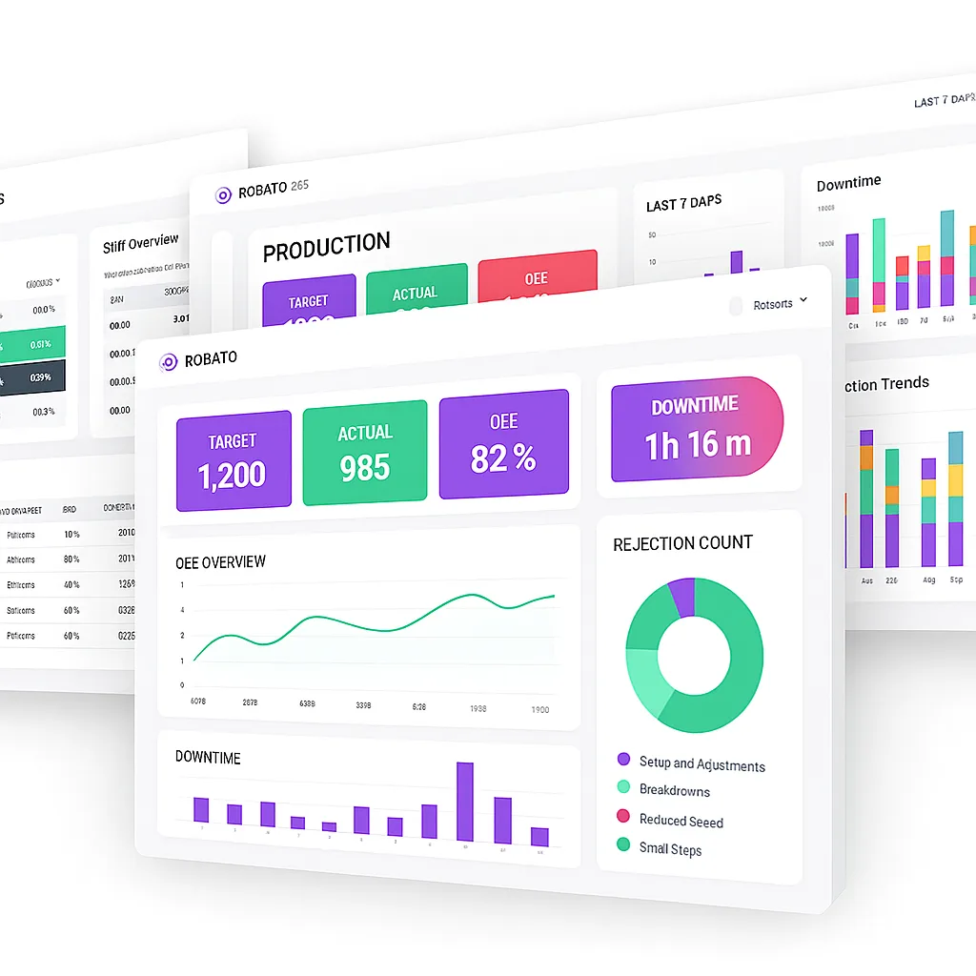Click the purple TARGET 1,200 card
pos(234,461)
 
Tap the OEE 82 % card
pos(503,446)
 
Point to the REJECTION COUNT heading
pos(682,543)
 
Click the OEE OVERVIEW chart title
pos(221,562)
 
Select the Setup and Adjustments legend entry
pos(701,763)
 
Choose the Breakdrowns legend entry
pos(674,791)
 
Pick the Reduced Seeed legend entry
pos(681,821)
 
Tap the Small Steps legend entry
pos(670,848)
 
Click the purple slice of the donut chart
pos(682,596)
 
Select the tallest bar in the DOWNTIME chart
pos(465,803)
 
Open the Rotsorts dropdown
pos(780,304)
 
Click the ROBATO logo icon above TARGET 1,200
pos(169,361)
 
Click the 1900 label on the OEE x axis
pos(539,709)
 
